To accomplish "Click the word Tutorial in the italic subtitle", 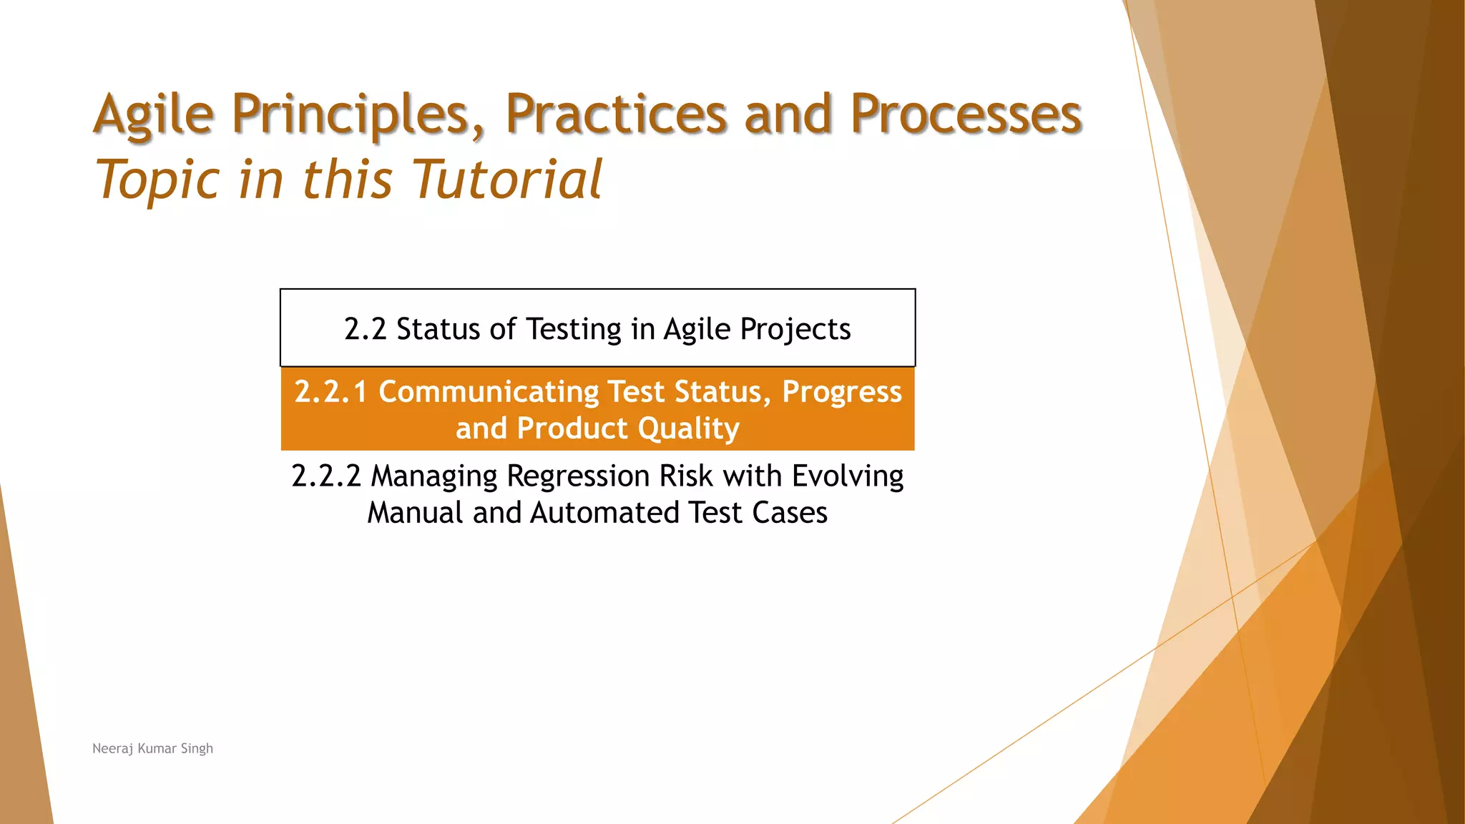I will coord(506,179).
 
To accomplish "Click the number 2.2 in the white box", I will coord(365,330).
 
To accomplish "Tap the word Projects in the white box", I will coord(795,330).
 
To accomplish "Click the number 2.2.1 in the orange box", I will coord(330,392).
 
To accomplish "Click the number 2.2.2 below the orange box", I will coord(326,476).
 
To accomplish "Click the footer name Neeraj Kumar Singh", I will coord(152,748).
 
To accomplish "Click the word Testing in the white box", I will coord(574,330).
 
